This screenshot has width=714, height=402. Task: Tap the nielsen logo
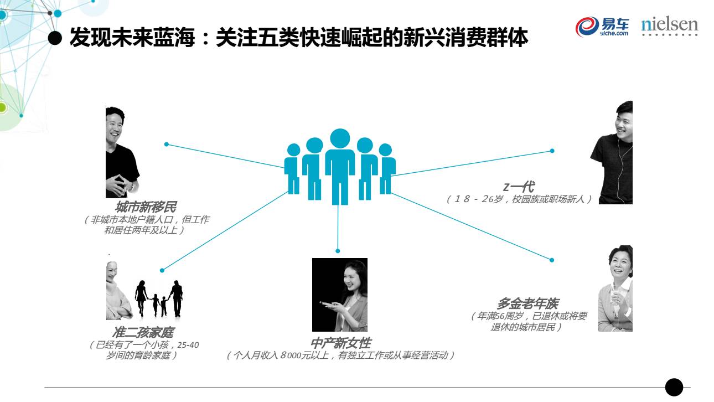tap(670, 26)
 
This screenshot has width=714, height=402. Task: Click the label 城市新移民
tap(146, 207)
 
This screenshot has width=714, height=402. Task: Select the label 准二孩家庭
tap(143, 333)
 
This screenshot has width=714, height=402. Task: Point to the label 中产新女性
tap(340, 343)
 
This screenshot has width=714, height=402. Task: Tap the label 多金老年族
tap(527, 303)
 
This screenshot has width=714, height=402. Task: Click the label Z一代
tap(519, 187)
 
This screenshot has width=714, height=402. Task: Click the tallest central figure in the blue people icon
tap(340, 165)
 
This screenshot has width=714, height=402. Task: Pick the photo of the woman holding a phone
tap(340, 295)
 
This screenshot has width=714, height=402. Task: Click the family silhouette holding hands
tap(159, 298)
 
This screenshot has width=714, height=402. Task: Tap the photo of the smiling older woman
tap(615, 288)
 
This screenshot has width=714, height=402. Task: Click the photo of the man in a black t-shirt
tap(121, 152)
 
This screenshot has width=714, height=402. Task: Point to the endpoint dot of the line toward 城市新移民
tap(166, 145)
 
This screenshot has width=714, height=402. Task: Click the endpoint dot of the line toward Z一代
tap(552, 151)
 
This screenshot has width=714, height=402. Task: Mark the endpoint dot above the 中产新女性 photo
tap(338, 251)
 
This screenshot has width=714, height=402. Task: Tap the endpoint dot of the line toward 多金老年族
tap(552, 260)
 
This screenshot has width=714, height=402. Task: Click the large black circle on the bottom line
tap(674, 387)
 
